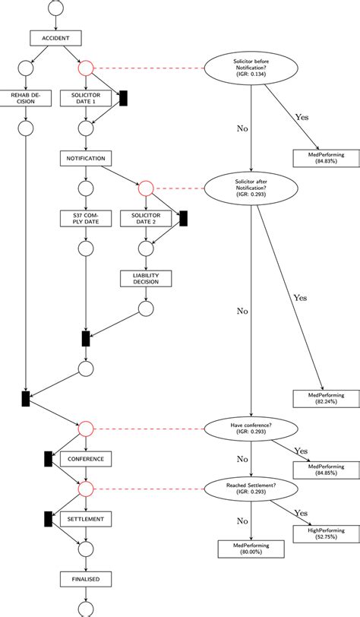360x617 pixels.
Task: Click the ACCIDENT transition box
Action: pos(55,37)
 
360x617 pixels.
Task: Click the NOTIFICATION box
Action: pos(86,158)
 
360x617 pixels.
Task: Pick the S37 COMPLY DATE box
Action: pos(86,219)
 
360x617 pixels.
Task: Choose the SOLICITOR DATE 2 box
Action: pos(146,219)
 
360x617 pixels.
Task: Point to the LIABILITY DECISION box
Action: pos(146,278)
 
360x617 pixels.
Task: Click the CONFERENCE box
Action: pos(86,459)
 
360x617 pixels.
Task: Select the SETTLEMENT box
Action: pos(86,519)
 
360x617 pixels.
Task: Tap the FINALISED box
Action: pos(86,579)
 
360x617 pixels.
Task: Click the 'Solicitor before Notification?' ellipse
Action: pos(251,68)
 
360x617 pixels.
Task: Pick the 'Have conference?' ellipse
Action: pos(251,429)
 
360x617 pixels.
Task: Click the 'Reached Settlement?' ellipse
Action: pos(251,489)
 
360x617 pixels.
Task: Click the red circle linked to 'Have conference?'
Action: pos(86,429)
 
